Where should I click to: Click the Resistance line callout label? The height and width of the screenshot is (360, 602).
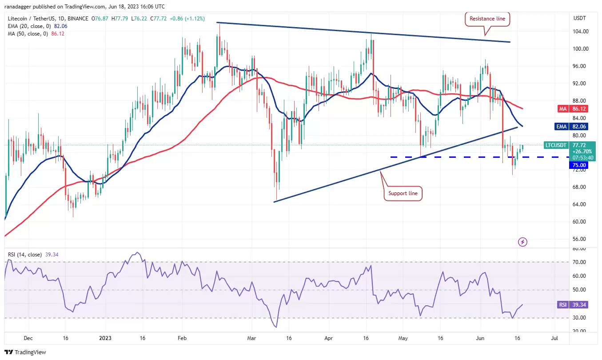(x=487, y=19)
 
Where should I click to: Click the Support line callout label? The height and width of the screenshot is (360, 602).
(x=403, y=193)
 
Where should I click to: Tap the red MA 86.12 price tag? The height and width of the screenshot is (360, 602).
(x=573, y=108)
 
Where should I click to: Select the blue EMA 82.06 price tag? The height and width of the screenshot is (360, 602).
(x=571, y=126)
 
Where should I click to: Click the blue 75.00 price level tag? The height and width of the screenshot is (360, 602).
(x=578, y=165)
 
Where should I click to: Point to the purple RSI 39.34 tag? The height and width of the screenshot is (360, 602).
(x=573, y=304)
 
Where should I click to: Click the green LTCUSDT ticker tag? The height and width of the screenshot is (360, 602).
(x=555, y=145)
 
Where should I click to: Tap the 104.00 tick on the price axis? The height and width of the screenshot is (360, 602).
(x=581, y=32)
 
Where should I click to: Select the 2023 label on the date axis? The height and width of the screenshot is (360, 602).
(x=105, y=338)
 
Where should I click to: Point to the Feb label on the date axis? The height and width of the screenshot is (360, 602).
(x=182, y=338)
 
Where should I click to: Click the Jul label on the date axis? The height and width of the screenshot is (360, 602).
(x=554, y=338)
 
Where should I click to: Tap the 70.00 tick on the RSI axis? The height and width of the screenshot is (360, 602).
(x=579, y=262)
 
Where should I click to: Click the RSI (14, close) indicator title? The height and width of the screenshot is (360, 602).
(x=25, y=254)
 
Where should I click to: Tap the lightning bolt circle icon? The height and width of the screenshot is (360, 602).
(x=522, y=242)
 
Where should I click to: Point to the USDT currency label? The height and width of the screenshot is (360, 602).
(x=579, y=18)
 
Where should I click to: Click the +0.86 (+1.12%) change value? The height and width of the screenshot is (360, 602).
(x=187, y=19)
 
